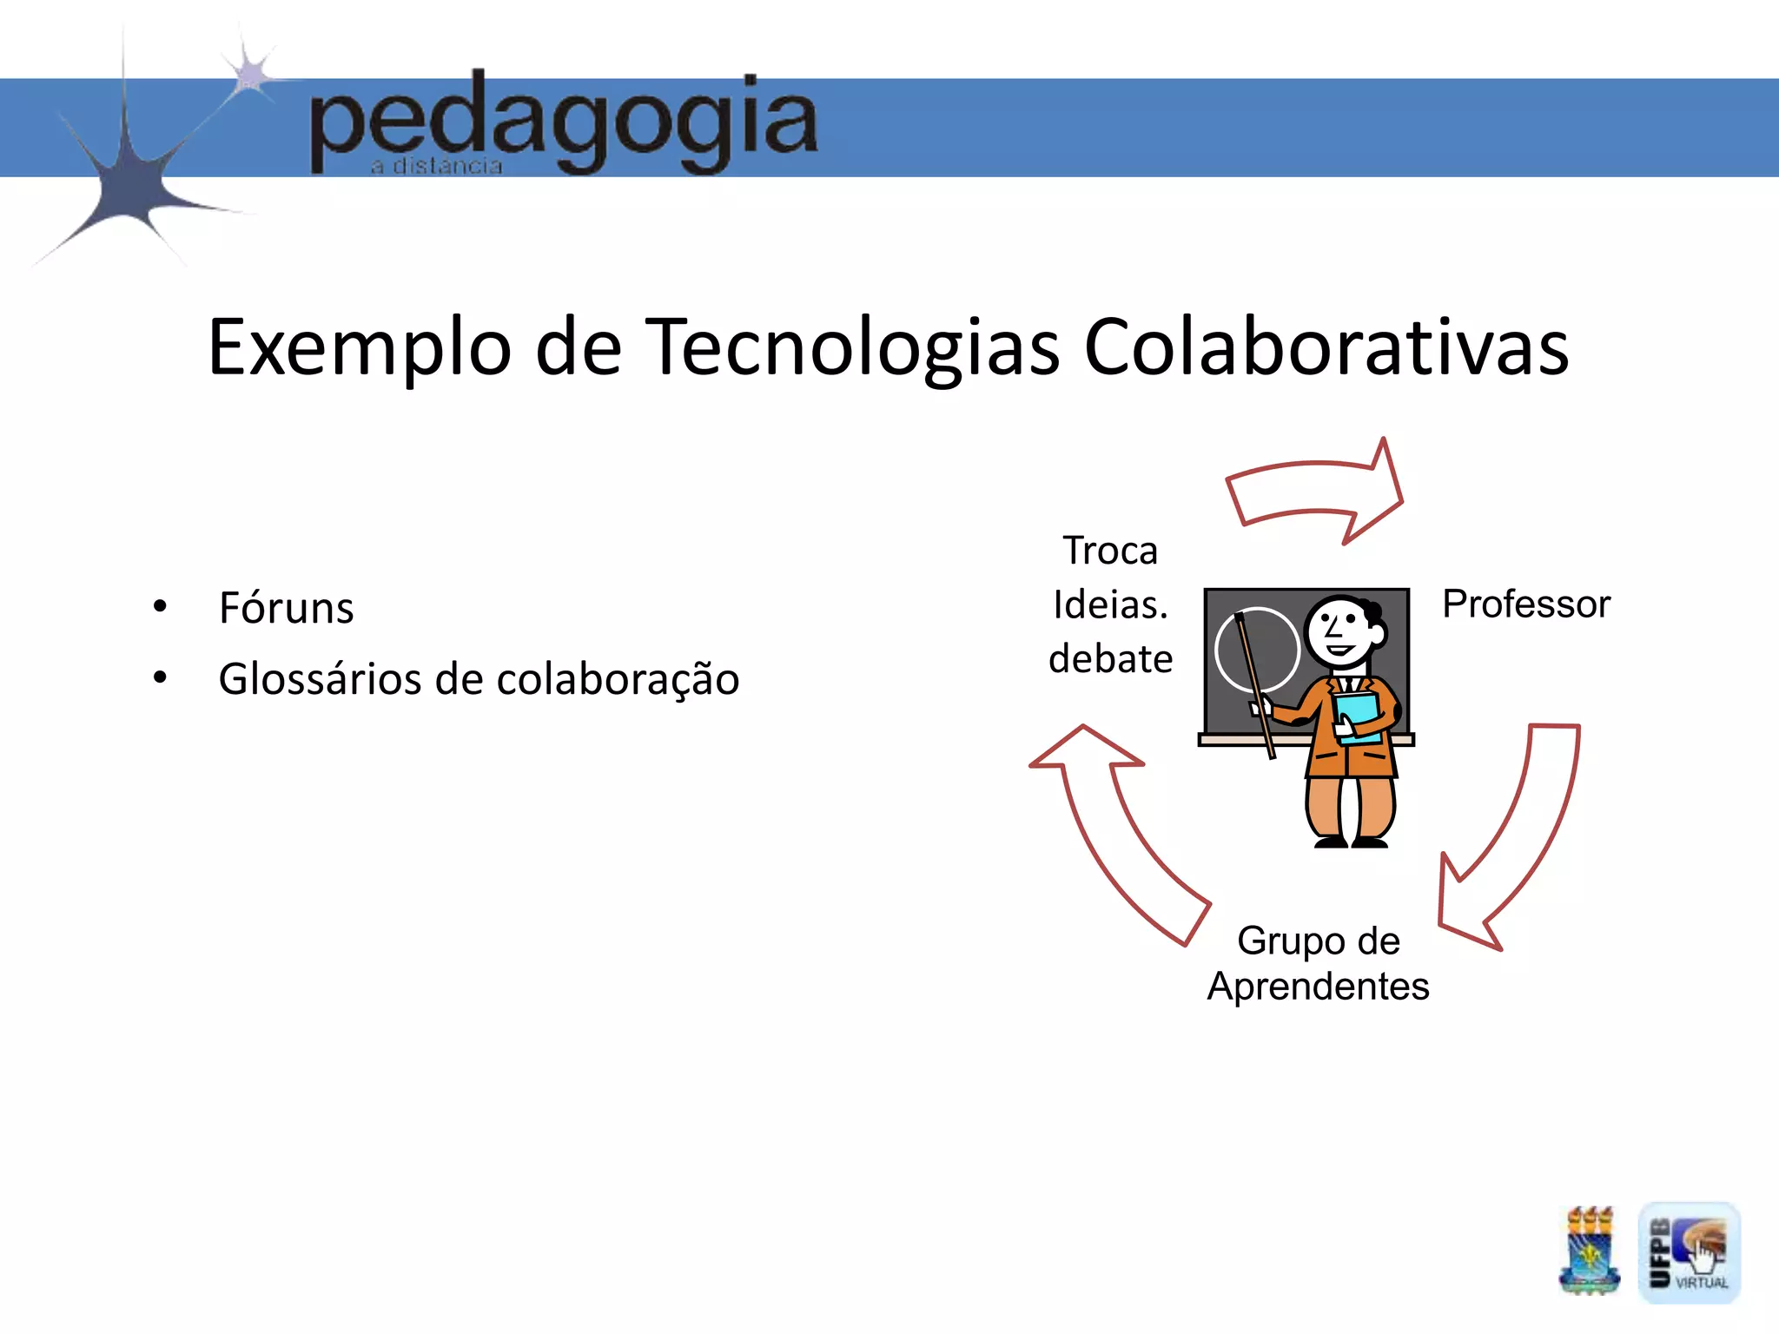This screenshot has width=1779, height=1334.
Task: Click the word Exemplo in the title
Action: click(359, 347)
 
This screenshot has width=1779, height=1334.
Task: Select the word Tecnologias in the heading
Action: click(855, 347)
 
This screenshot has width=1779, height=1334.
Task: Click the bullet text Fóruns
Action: click(286, 607)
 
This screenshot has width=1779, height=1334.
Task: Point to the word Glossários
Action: click(321, 678)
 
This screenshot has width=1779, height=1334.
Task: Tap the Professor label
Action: click(1525, 604)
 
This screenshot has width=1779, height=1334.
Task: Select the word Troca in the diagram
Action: click(1110, 551)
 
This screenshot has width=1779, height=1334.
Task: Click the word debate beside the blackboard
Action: click(1110, 658)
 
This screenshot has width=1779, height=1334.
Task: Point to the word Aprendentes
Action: click(1318, 987)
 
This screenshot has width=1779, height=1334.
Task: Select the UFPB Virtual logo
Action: click(1689, 1252)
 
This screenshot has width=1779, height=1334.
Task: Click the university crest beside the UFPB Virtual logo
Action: click(1589, 1251)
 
